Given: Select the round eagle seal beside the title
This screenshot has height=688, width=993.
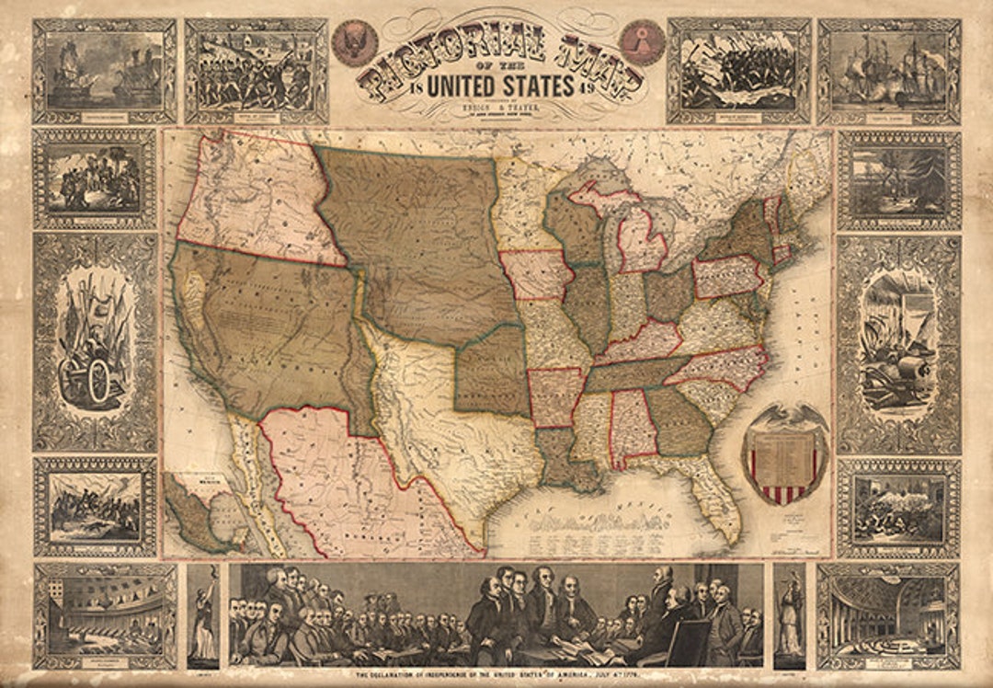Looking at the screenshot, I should pos(354,42).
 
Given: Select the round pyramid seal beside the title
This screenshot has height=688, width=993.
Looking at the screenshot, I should pos(642,42).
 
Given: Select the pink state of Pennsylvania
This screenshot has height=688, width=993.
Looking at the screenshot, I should pos(727,277).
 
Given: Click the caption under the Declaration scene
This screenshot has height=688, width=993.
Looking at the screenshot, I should pos(496,677).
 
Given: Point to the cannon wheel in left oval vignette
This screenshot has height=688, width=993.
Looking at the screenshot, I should pos(88,383).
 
